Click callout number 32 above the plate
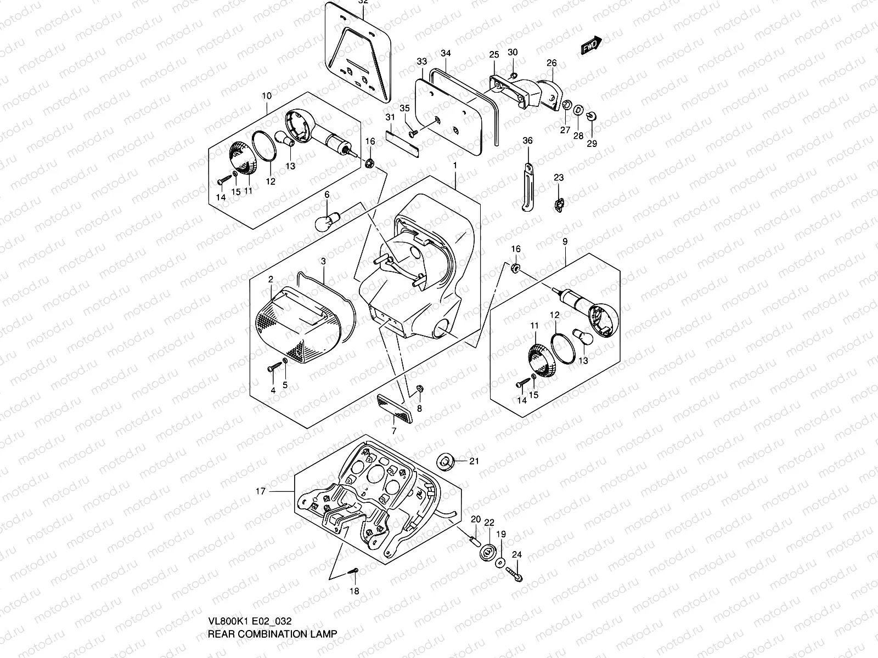coord(363,2)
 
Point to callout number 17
coord(261,491)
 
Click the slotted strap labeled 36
coord(528,188)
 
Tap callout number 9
coord(565,242)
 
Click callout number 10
coord(267,96)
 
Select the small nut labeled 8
coord(419,389)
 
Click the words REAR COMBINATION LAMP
coord(272,634)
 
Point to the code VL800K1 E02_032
coord(249,621)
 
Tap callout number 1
coord(455,165)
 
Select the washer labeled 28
coord(578,111)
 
